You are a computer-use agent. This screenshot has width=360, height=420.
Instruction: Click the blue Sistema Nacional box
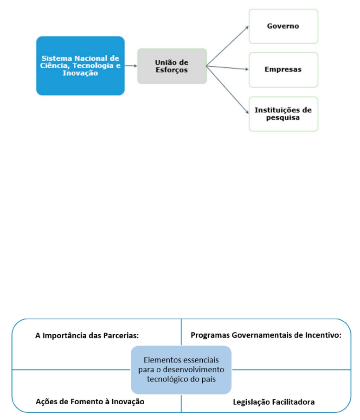point(80,66)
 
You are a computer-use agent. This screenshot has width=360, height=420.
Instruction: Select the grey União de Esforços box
point(172,66)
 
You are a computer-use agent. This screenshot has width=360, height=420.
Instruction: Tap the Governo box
point(283,26)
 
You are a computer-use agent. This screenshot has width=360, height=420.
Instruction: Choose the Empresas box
point(283,70)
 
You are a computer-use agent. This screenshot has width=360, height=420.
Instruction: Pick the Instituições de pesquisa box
point(283,114)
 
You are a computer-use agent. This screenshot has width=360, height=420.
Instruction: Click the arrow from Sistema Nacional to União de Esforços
point(131,66)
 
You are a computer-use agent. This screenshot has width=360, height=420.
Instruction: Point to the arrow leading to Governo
point(227,46)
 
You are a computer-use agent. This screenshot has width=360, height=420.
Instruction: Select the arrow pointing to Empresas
point(227,68)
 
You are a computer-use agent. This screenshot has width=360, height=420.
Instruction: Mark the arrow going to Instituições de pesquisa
point(227,90)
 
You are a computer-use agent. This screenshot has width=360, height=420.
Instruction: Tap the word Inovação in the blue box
point(80,73)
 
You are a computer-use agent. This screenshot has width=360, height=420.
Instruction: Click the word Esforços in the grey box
point(172,70)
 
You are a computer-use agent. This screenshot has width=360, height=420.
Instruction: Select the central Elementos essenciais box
point(181,369)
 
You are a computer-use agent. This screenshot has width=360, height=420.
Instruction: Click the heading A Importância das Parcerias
point(87,335)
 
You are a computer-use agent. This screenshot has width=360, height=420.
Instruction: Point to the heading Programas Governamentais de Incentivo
point(266,335)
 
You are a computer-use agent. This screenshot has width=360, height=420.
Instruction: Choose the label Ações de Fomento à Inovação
point(90,401)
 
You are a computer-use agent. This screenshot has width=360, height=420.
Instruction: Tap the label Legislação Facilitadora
point(274,402)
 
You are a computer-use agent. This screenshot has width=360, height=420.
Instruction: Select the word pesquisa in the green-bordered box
point(283,118)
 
